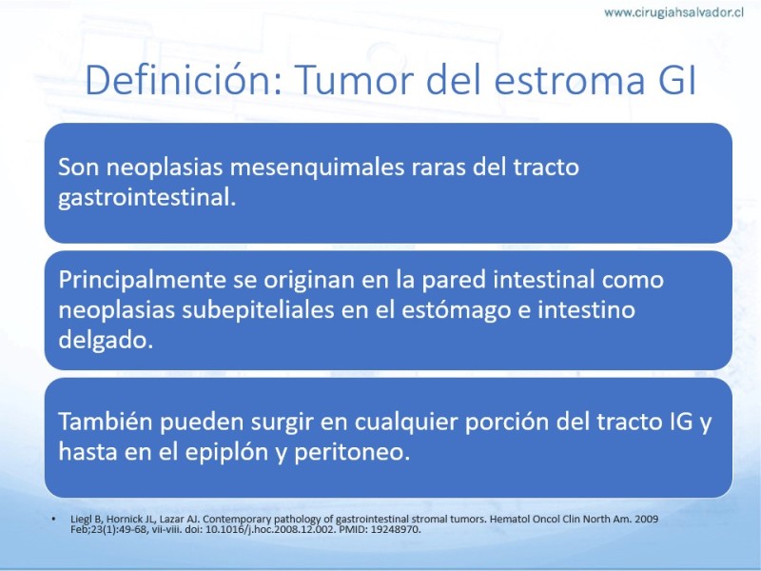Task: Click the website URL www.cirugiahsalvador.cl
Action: tap(673, 12)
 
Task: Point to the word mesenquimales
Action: tap(317, 167)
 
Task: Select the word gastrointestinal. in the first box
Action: tap(147, 198)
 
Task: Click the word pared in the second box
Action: tap(454, 281)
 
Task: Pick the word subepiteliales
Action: tap(258, 311)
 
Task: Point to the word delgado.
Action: tap(106, 340)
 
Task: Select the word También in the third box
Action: tap(106, 422)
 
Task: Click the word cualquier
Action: tap(406, 423)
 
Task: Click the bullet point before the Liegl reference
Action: tap(53, 519)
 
